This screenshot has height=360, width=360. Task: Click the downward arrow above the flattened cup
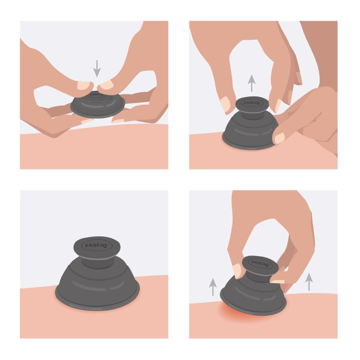click(x=97, y=69)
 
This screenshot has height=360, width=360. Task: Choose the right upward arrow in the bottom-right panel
click(x=309, y=282)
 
